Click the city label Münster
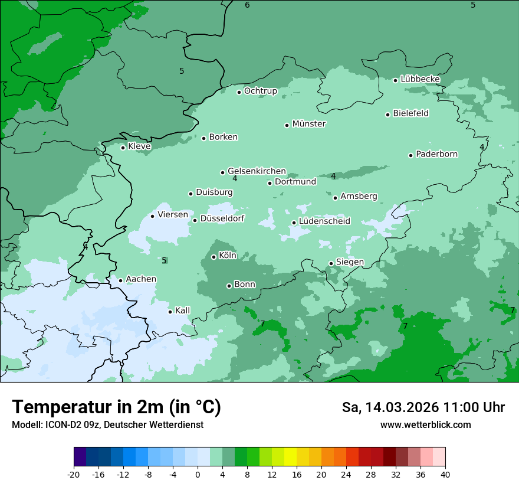[309, 124]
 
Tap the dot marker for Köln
[213, 257]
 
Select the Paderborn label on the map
[436, 154]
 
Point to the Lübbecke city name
[420, 79]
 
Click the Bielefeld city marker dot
[388, 115]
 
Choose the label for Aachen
[141, 279]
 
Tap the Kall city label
[183, 311]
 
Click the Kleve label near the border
[139, 146]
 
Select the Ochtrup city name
[261, 91]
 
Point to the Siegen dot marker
[331, 263]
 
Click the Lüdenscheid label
[324, 221]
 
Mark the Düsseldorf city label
[222, 219]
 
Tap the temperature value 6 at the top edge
[247, 5]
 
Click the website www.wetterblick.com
[425, 424]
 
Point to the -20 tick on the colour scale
[74, 475]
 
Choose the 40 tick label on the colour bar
[445, 475]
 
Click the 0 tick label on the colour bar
[198, 475]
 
